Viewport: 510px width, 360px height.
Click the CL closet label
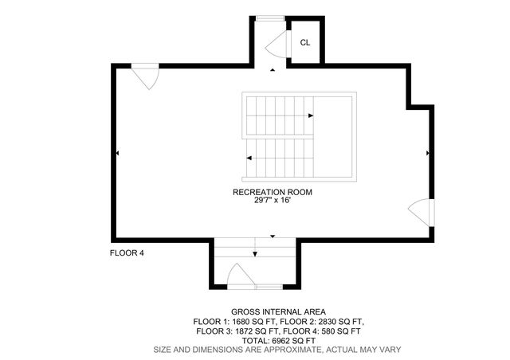click(305, 42)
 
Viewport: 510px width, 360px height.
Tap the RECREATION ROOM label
click(272, 192)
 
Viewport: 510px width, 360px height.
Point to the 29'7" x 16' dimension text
click(272, 201)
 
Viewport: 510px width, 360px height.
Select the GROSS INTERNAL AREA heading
click(277, 311)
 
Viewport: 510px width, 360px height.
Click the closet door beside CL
click(277, 44)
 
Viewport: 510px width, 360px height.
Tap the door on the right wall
click(420, 213)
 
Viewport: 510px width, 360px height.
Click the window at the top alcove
click(270, 18)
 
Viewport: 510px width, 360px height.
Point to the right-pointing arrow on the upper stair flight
click(311, 115)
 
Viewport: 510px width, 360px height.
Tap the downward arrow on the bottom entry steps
click(255, 254)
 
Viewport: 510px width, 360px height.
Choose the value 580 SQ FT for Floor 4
click(339, 331)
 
